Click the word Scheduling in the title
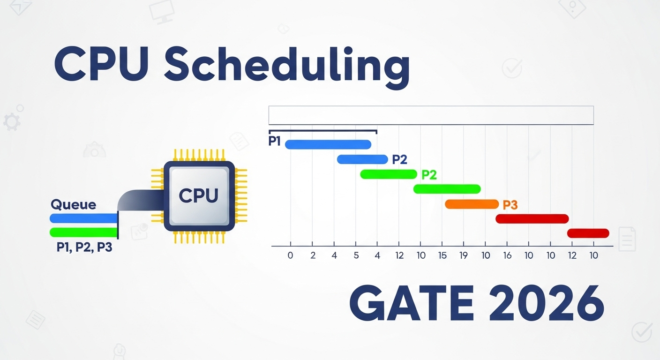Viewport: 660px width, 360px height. [287, 65]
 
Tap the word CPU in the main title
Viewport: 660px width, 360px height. [101, 64]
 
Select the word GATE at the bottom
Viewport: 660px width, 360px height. [412, 303]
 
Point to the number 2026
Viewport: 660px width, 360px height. [547, 303]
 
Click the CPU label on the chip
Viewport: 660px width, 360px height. [199, 195]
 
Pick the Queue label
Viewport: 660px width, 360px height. [74, 205]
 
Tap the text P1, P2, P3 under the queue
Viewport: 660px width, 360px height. [84, 247]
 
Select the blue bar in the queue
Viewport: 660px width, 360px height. [84, 218]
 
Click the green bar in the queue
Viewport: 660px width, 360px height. [84, 232]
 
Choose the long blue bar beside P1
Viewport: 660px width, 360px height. [328, 144]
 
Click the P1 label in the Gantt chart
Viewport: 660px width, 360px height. [274, 141]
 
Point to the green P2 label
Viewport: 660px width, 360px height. [429, 175]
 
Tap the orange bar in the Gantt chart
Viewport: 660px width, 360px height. [472, 204]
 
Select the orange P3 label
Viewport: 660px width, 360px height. [510, 205]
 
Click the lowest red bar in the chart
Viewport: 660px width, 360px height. [588, 233]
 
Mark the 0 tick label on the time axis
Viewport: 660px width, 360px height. [290, 255]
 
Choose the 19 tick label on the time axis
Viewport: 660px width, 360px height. [464, 255]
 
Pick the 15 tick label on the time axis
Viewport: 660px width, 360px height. [442, 255]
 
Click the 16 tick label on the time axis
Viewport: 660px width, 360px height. [507, 255]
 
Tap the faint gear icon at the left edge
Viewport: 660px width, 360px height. [12, 122]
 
